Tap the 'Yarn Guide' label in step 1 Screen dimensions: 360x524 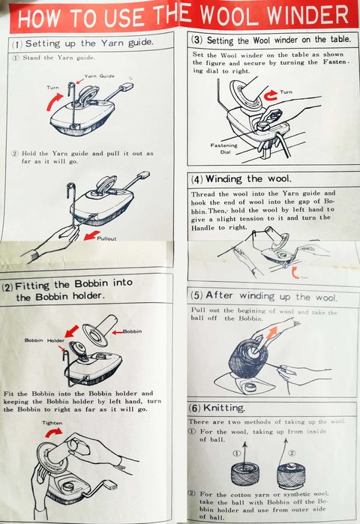99,76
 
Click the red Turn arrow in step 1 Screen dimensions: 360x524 53,102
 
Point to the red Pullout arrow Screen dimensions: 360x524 91,235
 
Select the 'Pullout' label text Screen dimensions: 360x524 106,238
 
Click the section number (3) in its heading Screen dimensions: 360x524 197,40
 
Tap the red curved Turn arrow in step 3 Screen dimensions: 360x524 271,95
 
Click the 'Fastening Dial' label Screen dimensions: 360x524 224,148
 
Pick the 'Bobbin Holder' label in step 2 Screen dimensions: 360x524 44,340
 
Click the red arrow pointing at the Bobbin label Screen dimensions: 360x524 117,332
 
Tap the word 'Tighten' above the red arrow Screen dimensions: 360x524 52,423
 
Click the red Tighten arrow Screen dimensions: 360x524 53,433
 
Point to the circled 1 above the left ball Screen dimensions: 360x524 236,453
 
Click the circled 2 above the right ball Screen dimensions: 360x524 292,453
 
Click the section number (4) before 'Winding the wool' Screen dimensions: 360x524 197,179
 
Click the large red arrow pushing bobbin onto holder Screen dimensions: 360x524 71,331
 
